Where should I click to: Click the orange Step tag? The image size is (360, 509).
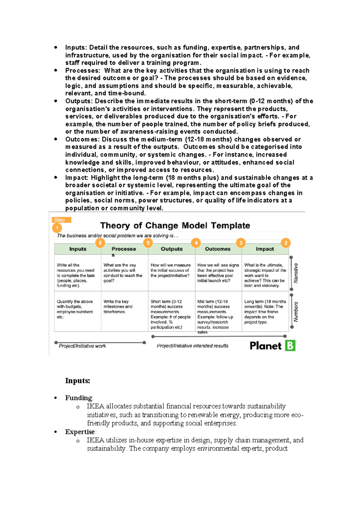61,220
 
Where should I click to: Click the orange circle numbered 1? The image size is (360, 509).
57,228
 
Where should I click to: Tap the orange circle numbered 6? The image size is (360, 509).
100,243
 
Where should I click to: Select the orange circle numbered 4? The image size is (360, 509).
196,243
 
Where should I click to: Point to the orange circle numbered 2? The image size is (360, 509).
286,243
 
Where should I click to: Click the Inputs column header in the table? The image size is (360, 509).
78,249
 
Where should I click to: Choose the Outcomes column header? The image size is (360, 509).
217,249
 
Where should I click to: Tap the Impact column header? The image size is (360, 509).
265,249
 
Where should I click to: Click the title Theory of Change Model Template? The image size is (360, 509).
175,225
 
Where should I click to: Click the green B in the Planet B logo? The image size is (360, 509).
290,345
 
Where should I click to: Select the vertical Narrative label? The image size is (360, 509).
296,273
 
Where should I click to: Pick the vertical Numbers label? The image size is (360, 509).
296,312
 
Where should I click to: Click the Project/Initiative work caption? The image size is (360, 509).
82,346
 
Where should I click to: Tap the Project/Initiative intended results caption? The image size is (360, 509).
192,346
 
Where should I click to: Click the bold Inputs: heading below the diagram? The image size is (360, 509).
77,381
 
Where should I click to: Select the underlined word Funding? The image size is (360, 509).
79,398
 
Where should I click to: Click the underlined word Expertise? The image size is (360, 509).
80,432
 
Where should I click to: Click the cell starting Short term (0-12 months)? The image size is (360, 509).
170,314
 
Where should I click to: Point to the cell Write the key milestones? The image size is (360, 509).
118,306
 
